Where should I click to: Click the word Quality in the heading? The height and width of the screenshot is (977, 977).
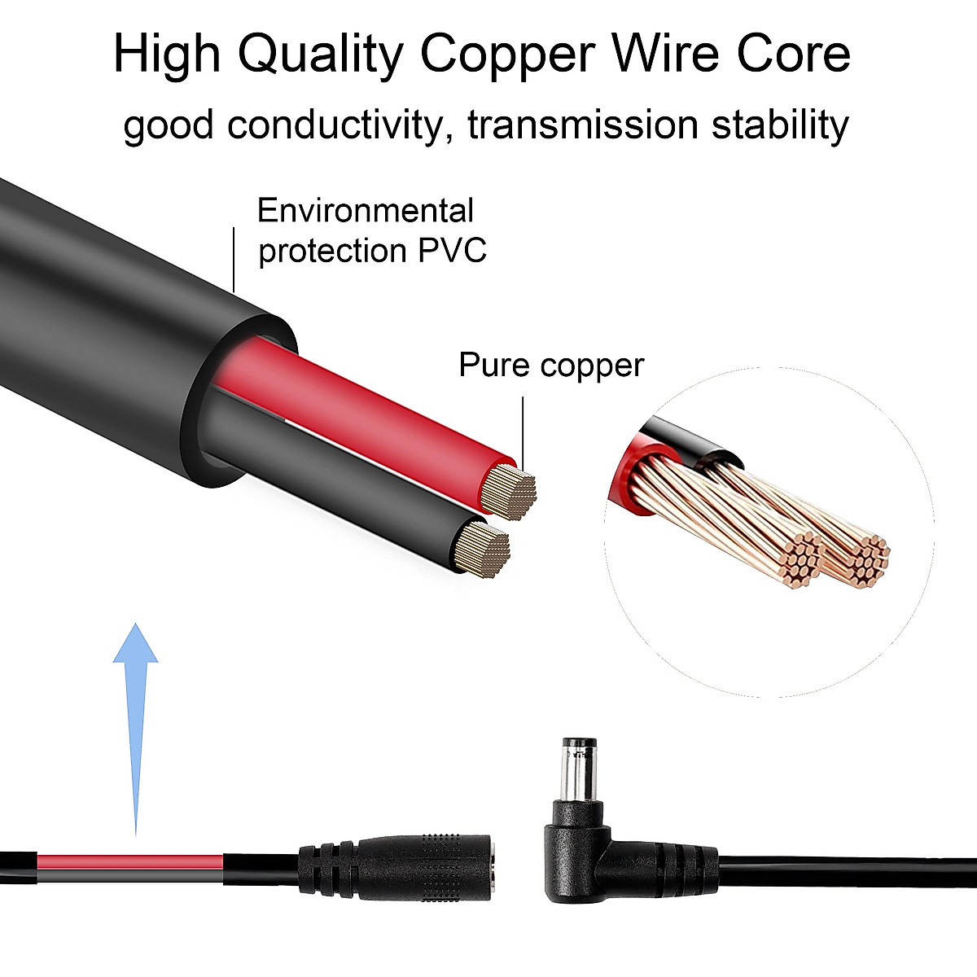click(321, 55)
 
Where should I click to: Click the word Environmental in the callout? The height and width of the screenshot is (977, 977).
click(365, 211)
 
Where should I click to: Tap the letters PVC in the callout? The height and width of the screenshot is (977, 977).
click(452, 250)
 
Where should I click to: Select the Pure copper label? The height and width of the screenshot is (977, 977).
click(551, 365)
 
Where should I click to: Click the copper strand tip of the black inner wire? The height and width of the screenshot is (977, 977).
click(484, 550)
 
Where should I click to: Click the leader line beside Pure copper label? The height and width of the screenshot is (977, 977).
click(522, 432)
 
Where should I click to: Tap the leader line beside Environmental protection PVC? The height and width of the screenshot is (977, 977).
click(234, 259)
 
